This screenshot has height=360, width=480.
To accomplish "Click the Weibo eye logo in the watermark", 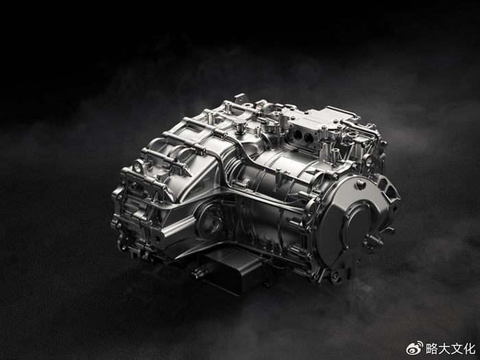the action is pyautogui.click(x=414, y=348).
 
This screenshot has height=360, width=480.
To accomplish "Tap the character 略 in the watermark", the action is pyautogui.click(x=431, y=348).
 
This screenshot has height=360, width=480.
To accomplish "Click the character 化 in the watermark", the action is pyautogui.click(x=469, y=348).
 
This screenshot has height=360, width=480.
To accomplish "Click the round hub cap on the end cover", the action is pyautogui.click(x=357, y=221).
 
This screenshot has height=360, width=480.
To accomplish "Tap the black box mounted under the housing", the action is pyautogui.click(x=233, y=269).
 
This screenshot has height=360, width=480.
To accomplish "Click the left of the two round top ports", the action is pyautogui.click(x=298, y=134).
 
